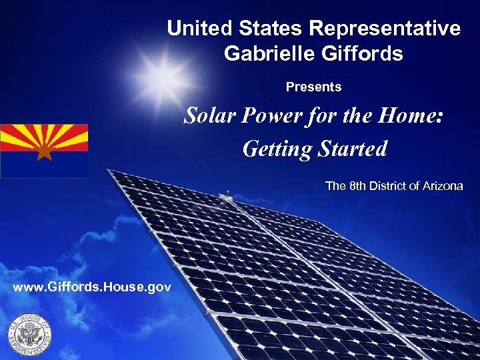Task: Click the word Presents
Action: point(313,87)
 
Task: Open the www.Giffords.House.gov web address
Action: point(92,287)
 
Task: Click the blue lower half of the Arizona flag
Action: point(44,167)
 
